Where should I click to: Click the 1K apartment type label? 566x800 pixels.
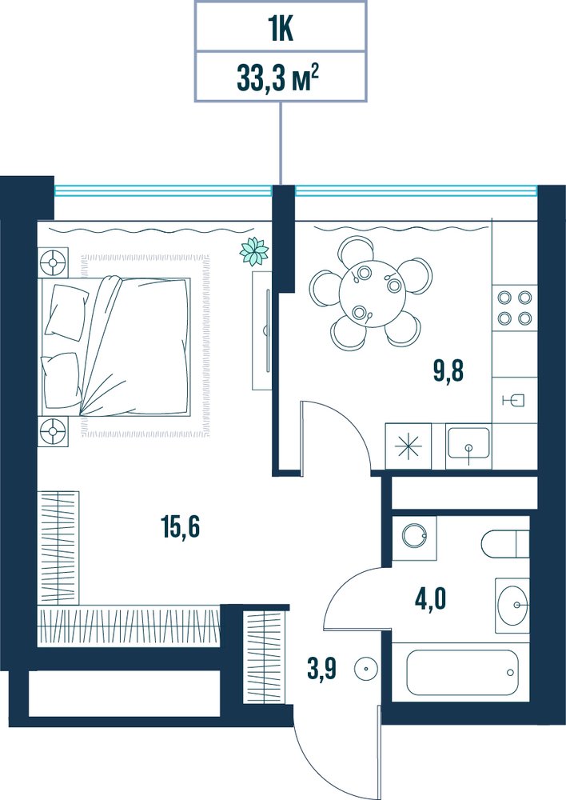[x=281, y=30]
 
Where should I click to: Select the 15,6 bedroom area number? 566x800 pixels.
[x=180, y=526]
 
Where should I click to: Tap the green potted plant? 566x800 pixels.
[x=254, y=251]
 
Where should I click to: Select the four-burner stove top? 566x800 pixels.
[x=515, y=308]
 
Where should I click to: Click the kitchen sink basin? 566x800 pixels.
[x=468, y=443]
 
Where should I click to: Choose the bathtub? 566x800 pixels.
[x=462, y=672]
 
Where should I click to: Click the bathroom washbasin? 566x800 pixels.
[x=513, y=605]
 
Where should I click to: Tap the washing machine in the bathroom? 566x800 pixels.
[x=414, y=538]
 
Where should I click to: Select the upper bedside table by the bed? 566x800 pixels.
[x=53, y=262]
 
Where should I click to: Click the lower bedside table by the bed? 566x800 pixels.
[x=53, y=432]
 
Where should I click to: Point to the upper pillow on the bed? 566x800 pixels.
[x=67, y=312]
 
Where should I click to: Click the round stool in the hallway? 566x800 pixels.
[x=365, y=668]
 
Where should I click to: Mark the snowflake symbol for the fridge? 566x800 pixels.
[x=409, y=446]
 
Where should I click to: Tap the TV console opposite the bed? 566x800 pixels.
[x=264, y=330]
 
